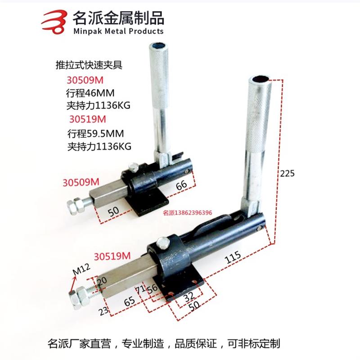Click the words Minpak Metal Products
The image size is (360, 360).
118,31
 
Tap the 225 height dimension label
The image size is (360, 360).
287,173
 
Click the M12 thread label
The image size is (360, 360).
81,271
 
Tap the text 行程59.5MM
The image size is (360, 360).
95,134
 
